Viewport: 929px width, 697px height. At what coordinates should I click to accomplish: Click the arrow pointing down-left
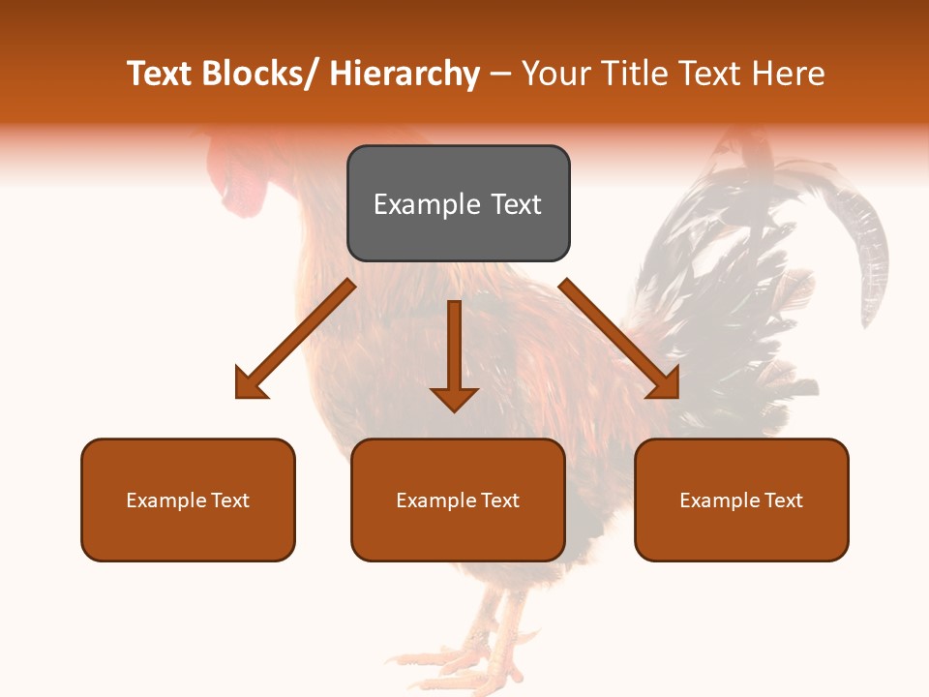coord(294,339)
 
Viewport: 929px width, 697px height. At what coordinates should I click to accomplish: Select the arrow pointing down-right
coord(619,339)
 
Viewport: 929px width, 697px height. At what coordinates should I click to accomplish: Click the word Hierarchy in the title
coord(405,75)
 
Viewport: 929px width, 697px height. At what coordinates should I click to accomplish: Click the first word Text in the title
coord(160,75)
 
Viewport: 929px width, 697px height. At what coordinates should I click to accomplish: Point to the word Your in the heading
coord(554,75)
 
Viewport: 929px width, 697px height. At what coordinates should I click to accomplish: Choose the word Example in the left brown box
coord(166,500)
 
